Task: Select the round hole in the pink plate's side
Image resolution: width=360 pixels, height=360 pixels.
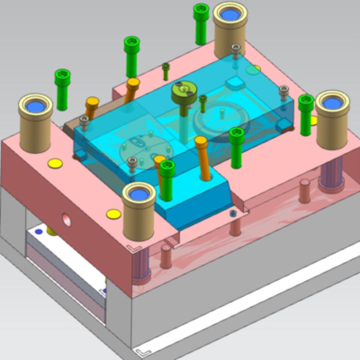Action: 67,220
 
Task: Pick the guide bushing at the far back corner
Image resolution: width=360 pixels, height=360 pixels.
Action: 230,28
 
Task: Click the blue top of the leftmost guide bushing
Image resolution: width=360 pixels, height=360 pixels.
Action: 35,106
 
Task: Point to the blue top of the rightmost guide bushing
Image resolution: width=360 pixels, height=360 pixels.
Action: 332,103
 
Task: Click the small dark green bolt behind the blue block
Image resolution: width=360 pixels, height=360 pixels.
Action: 166,70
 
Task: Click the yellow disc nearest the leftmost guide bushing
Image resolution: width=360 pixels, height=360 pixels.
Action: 55,164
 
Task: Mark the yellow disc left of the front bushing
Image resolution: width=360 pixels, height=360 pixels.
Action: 114,214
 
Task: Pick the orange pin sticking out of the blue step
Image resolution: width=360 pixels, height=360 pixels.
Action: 202,154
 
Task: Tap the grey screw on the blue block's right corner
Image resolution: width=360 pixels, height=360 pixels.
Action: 283,92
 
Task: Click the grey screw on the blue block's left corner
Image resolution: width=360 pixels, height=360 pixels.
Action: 84,122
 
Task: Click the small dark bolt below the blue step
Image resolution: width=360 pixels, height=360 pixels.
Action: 233,212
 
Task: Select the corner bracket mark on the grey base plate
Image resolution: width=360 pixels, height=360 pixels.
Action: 140,352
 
